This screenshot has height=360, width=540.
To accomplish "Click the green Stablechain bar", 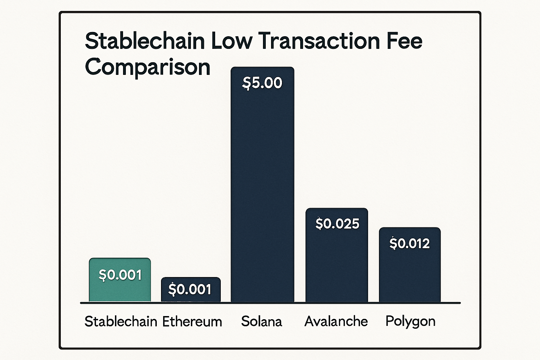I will (x=120, y=279).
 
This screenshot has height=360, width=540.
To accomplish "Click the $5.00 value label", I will (x=263, y=83).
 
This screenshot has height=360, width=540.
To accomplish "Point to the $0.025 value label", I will (x=337, y=224).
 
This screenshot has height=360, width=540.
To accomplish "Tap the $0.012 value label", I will (x=410, y=244).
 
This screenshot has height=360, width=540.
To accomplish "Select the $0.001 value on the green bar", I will (x=120, y=275).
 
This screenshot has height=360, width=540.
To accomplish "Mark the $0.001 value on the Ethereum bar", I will (x=190, y=289).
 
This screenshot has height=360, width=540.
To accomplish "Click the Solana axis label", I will (x=262, y=321).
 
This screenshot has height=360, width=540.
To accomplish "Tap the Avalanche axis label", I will (x=336, y=321).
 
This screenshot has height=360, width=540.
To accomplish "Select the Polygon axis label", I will (x=410, y=321).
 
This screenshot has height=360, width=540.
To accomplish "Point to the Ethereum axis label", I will (x=192, y=322).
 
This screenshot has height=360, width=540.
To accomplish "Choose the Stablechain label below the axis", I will (x=121, y=322).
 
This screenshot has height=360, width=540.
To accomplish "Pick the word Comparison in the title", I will (x=148, y=67).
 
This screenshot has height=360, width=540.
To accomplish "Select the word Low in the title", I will (x=232, y=41).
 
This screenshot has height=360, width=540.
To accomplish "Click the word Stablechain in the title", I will (x=145, y=41).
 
